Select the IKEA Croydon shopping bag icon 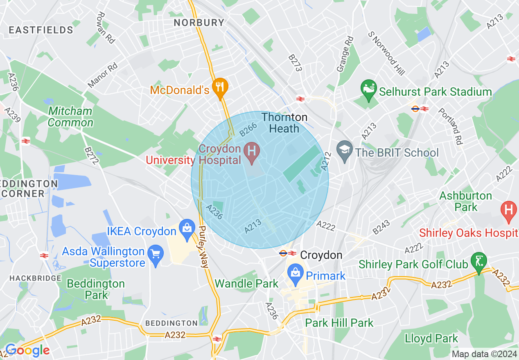point(188,230)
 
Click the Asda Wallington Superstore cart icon point(156,254)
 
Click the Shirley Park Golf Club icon point(478,261)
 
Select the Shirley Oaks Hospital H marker point(508,211)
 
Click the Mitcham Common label point(70,117)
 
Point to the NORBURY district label point(199,22)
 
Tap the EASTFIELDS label point(41,30)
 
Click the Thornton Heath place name point(284,123)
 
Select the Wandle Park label point(246,283)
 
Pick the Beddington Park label point(96,289)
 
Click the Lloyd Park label point(431,339)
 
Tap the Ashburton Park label point(465,201)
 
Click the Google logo point(27,351)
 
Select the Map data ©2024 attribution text point(484,354)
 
